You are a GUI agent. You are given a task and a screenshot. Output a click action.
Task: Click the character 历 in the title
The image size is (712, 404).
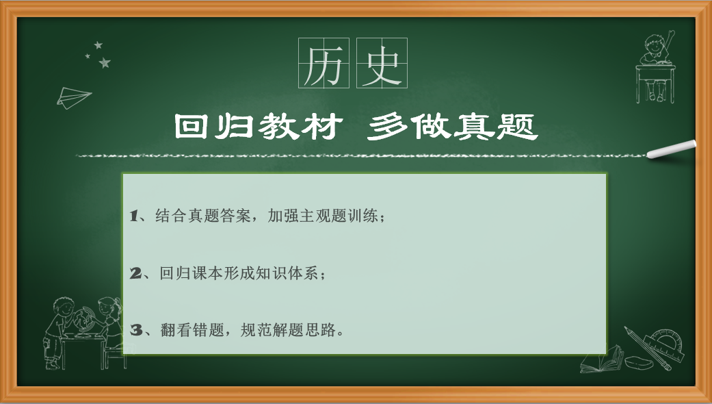[324, 64]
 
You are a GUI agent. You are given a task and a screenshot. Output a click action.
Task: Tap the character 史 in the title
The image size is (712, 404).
[382, 64]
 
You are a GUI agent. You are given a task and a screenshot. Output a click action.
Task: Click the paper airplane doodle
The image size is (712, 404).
[74, 97]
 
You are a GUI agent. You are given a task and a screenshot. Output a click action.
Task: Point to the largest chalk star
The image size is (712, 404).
[105, 63]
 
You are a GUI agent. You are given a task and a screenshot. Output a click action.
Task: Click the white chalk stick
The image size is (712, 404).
[671, 149]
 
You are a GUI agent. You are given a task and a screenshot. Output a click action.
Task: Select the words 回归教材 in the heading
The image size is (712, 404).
[258, 127]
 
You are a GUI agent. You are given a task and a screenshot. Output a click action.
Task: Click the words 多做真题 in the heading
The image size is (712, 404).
[453, 127]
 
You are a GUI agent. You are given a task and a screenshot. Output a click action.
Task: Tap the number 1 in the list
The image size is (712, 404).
[133, 216]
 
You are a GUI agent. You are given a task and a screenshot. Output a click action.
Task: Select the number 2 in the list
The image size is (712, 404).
[135, 273]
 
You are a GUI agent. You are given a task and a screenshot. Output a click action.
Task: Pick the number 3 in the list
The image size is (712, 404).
[136, 330]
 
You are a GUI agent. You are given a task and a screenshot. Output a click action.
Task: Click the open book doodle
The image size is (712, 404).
[602, 359]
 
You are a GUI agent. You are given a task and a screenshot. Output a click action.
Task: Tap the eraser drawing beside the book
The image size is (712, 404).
[638, 362]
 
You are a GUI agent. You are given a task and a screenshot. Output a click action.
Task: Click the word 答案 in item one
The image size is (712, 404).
[235, 216]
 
